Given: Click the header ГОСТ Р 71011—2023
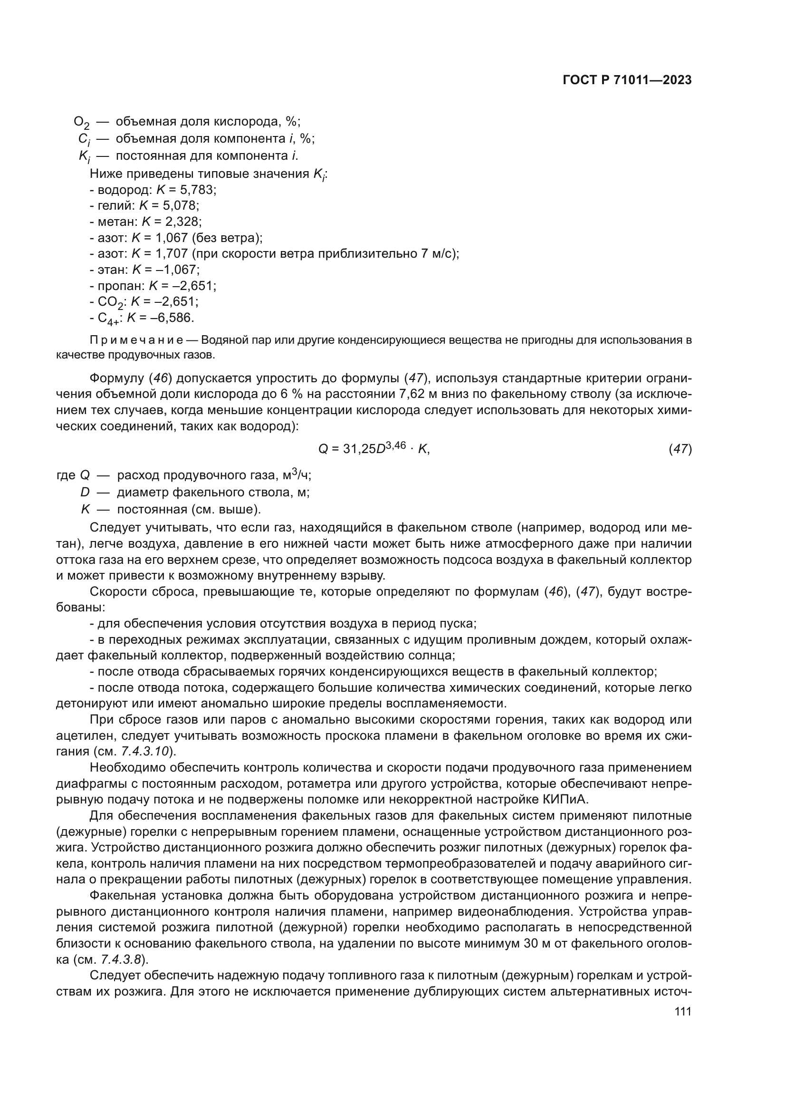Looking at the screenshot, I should click(x=627, y=80).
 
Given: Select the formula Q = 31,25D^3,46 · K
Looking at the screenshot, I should click(x=374, y=449).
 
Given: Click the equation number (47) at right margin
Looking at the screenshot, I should click(x=680, y=449).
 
